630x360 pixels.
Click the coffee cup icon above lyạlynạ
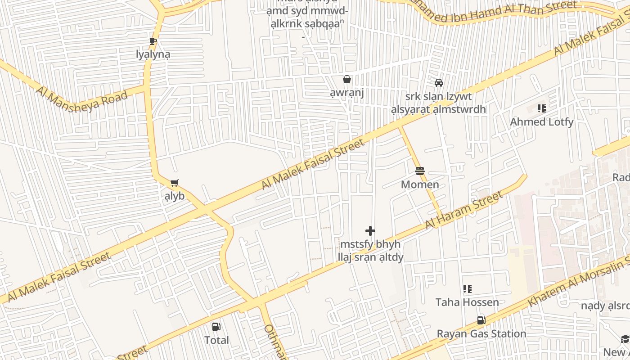coord(153,41)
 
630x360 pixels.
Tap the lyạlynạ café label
coord(153,54)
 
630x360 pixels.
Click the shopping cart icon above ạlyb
coord(174,183)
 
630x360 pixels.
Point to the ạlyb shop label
coord(174,196)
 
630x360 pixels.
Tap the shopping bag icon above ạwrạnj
coord(347,80)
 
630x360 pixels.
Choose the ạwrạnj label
coord(346,93)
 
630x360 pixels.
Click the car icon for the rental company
coord(438,83)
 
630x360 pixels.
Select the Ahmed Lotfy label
coord(541,121)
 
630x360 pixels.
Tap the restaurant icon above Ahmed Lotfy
coord(542,108)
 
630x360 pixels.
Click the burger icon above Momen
coord(420,171)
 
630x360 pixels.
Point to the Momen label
coord(420,184)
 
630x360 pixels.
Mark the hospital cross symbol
coord(370,231)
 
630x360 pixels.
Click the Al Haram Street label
coord(464,210)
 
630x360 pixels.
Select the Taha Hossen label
coord(467,302)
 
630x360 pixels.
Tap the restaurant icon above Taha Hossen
coord(467,289)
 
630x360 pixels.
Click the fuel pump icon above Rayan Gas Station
coord(481,320)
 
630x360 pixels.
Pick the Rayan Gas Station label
coord(481,333)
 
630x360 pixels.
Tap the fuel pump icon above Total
coord(216,327)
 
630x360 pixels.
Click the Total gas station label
coord(216,340)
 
